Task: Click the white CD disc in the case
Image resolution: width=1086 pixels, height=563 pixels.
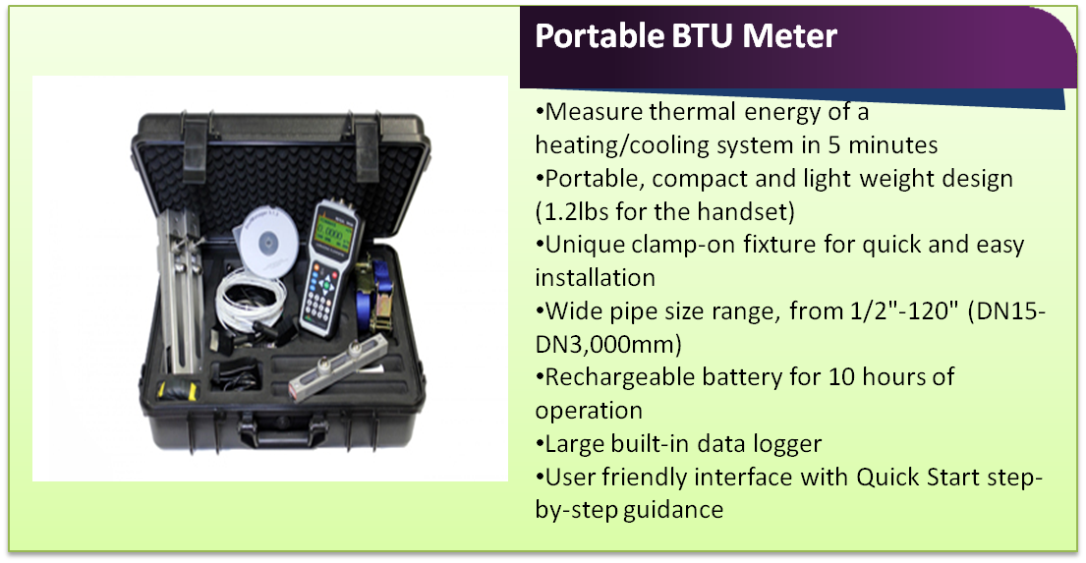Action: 269,240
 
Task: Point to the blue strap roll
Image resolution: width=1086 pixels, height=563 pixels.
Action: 382,295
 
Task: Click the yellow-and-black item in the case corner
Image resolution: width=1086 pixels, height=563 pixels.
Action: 177,390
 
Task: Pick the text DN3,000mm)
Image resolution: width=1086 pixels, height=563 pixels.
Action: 608,344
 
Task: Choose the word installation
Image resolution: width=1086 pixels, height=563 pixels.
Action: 595,278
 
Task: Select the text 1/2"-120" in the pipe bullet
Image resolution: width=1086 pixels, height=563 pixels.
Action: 904,310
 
